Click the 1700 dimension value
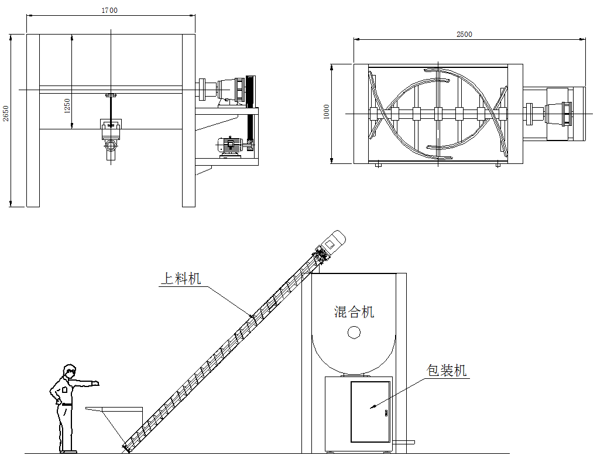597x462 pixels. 109,11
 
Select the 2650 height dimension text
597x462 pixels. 6,114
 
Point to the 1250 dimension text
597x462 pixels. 67,105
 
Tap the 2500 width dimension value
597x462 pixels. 464,34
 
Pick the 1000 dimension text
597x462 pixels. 327,112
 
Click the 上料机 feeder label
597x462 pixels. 181,278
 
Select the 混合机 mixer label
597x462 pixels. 354,312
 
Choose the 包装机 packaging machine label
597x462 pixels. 447,370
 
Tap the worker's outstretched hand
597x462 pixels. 95,384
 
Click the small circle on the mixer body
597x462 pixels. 354,333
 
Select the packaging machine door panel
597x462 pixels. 370,412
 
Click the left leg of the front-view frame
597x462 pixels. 33,120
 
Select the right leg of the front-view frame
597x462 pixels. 188,120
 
